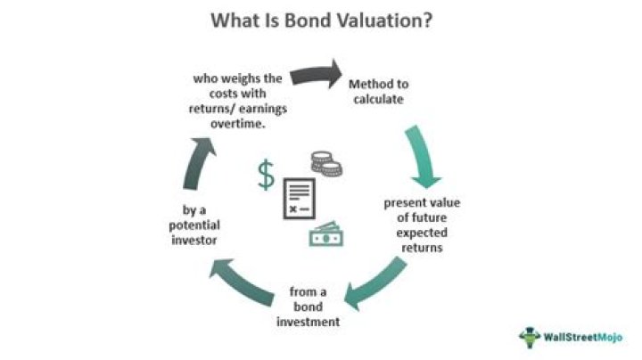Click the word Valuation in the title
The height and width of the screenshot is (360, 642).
(x=375, y=19)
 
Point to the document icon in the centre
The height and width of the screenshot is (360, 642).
(x=300, y=199)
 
